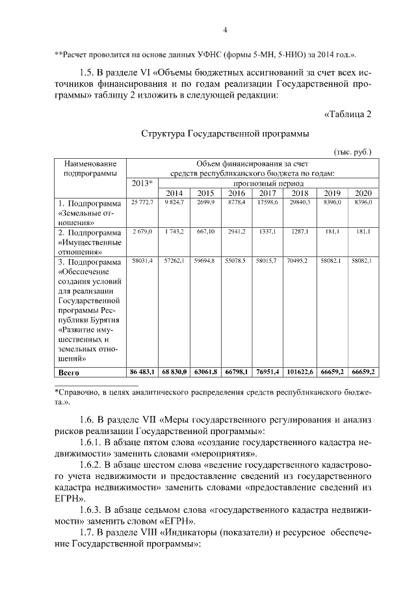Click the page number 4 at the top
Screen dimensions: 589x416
224,30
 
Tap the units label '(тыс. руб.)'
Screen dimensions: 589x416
352,152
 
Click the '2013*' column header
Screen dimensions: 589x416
142,183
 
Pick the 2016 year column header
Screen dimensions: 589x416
236,193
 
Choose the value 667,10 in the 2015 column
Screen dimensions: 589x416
205,232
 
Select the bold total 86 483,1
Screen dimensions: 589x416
142,371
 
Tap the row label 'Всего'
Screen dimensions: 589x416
69,372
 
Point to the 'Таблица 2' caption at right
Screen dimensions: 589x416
347,115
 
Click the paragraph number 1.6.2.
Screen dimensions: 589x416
94,466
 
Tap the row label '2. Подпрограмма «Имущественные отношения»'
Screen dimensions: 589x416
90,241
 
